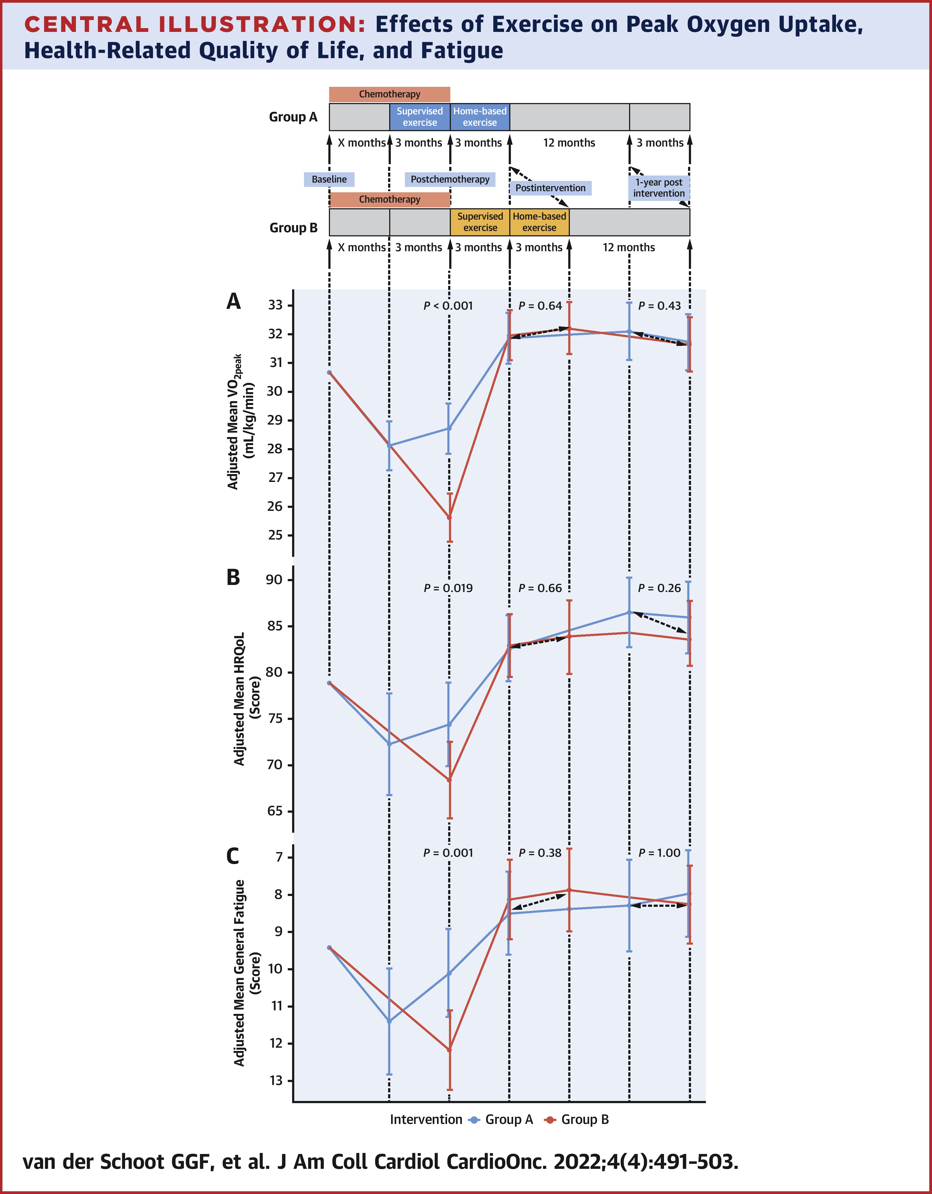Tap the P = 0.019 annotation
tap(448, 588)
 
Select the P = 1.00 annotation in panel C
tap(659, 853)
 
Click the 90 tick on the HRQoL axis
tap(275, 580)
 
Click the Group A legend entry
tap(502, 1120)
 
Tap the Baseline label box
tap(329, 179)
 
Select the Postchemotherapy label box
tap(450, 179)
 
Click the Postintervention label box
tap(550, 188)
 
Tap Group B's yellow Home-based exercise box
tap(540, 222)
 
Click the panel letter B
tap(233, 578)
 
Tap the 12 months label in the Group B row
tap(629, 248)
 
